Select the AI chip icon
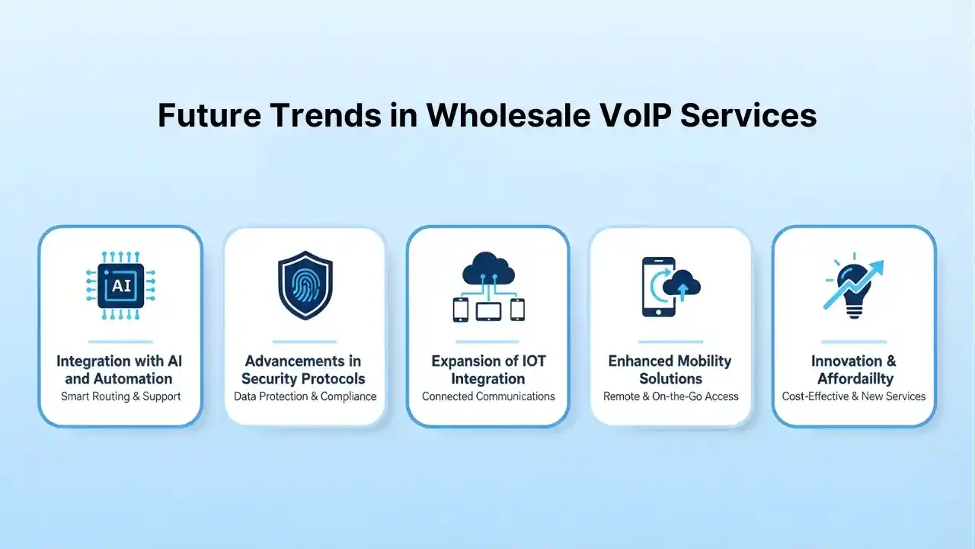click(x=120, y=286)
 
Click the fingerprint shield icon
click(x=304, y=286)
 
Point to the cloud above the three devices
click(x=488, y=268)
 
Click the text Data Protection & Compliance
click(x=305, y=396)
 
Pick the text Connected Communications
click(x=488, y=396)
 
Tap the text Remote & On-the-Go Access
click(x=670, y=396)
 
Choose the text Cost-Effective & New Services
click(x=854, y=396)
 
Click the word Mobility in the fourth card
click(x=702, y=361)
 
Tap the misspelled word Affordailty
click(x=855, y=378)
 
